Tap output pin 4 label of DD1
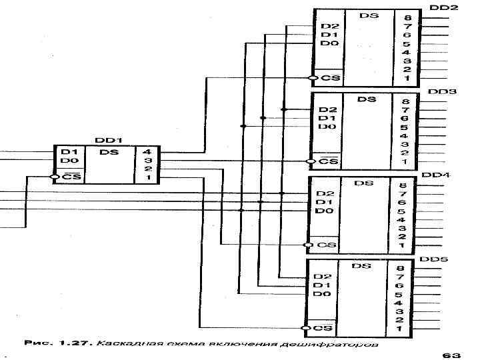pyautogui.click(x=147, y=152)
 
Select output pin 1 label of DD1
pyautogui.click(x=147, y=177)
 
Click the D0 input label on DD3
pyautogui.click(x=327, y=127)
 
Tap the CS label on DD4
pyautogui.click(x=326, y=245)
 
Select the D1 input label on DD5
pyautogui.click(x=323, y=285)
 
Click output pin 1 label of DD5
pyautogui.click(x=399, y=328)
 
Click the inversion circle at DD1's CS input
pyautogui.click(x=55, y=177)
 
